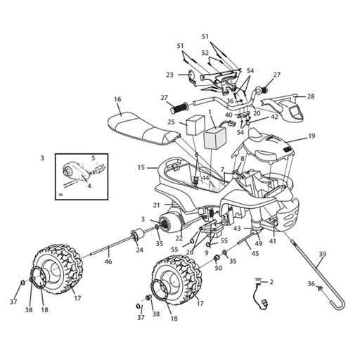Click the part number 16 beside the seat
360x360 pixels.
pos(117,99)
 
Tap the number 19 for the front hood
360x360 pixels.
pos(311,136)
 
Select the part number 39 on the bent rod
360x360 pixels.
pos(322,254)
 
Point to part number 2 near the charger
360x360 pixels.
pos(271,282)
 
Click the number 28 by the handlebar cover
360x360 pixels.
pos(311,96)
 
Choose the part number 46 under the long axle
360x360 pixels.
pos(108,261)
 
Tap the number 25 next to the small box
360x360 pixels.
pos(172,122)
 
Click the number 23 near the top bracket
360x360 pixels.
pos(170,75)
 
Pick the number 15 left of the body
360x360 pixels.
pos(141,168)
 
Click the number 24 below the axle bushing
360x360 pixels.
pos(140,250)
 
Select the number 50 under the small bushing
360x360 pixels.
pos(219,268)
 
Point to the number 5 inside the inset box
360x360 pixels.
pos(94,158)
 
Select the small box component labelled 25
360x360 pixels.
pos(195,125)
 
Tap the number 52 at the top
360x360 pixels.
pos(205,53)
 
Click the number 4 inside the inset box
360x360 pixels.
pos(89,186)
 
